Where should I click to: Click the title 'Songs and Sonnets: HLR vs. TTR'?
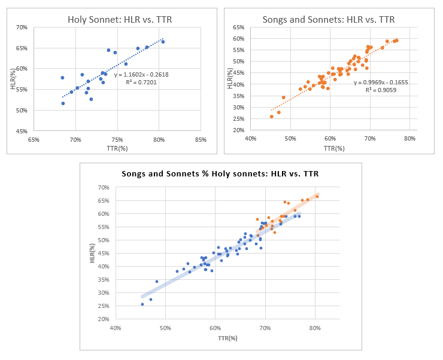(x=329, y=19)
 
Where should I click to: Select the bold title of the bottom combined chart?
(x=220, y=174)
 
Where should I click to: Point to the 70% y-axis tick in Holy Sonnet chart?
(x=22, y=28)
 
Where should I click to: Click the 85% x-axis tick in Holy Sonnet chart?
(x=201, y=139)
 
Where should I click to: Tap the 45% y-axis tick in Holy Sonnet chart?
(x=22, y=131)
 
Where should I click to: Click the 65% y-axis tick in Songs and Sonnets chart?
(x=238, y=28)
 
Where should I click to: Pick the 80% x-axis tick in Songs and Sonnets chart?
(x=409, y=139)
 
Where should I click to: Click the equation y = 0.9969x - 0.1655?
(x=380, y=82)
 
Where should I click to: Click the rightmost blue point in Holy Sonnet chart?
(x=163, y=42)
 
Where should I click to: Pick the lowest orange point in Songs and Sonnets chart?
(x=272, y=117)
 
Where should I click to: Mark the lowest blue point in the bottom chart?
(x=142, y=304)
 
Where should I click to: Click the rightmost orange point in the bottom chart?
(x=317, y=196)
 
